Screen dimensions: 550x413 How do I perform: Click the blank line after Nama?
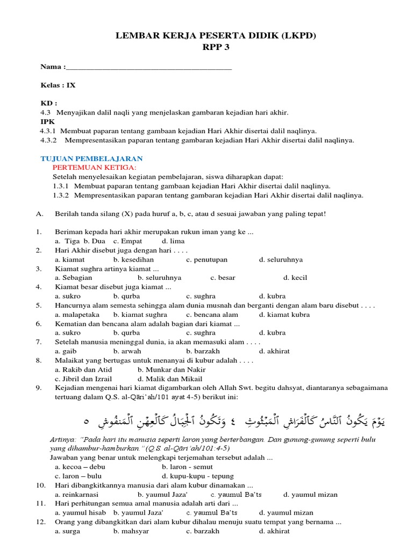(x=148, y=68)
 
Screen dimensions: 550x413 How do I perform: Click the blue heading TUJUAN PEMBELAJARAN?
(x=92, y=158)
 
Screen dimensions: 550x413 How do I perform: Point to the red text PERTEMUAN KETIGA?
(x=95, y=168)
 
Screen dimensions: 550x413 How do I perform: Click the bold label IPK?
(x=48, y=121)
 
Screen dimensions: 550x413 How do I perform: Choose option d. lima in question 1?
(x=173, y=241)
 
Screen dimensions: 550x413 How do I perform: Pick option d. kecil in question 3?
(x=295, y=278)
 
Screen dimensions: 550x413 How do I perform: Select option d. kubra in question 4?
(x=272, y=296)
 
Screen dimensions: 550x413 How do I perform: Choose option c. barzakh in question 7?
(x=203, y=351)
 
